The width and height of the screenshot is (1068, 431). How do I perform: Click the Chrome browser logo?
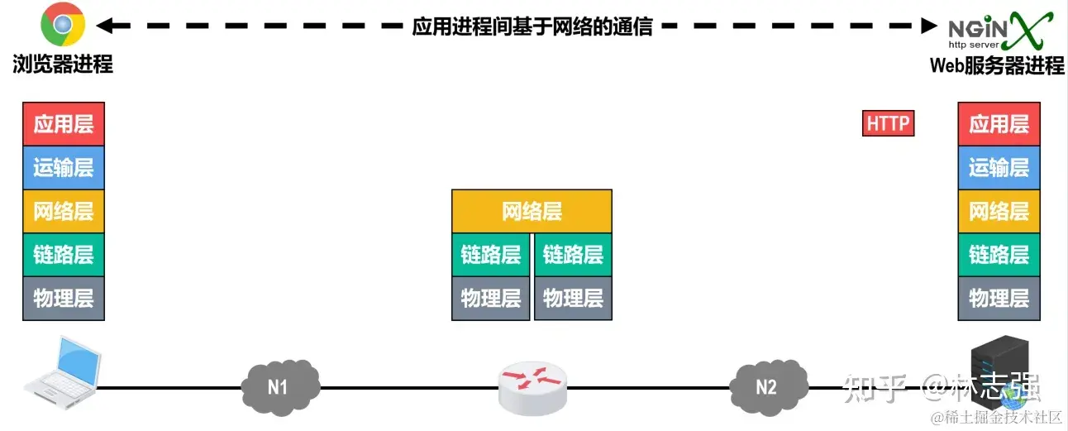[63, 26]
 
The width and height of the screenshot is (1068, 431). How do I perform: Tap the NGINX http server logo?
[999, 31]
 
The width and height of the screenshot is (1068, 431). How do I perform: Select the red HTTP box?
[888, 124]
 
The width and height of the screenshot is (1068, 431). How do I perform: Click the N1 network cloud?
[279, 385]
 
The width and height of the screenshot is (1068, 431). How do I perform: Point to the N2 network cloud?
[767, 385]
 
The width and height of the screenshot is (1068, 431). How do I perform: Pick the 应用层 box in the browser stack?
[64, 124]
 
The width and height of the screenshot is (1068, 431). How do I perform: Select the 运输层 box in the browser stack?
[64, 168]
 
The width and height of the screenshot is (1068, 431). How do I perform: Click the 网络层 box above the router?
[532, 211]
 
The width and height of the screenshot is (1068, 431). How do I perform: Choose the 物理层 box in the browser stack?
[64, 298]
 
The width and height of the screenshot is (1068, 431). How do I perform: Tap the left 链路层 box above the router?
[490, 255]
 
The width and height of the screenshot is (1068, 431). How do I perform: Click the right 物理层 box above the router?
[573, 298]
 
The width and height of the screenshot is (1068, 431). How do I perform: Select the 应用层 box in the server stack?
[999, 124]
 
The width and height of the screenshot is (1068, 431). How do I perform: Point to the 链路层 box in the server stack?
[999, 255]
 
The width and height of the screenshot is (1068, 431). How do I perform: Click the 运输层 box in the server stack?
[999, 168]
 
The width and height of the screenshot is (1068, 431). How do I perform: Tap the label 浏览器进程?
[63, 65]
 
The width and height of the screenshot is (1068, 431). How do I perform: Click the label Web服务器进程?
[998, 65]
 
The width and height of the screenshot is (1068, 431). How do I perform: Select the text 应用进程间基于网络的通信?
[532, 26]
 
